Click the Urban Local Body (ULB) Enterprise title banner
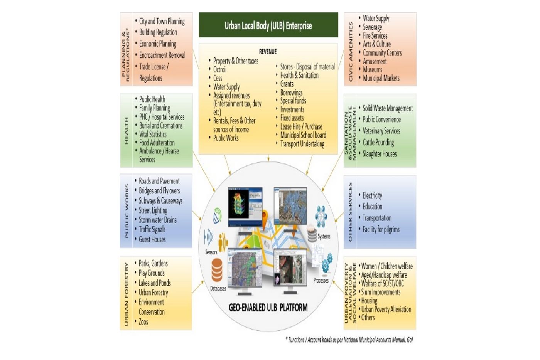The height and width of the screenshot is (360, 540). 268,25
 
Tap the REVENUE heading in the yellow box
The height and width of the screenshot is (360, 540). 268,52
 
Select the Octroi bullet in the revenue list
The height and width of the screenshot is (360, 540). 219,70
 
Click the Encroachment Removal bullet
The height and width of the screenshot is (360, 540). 162,56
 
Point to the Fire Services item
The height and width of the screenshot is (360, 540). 375,35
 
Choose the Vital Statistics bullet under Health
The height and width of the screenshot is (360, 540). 153,134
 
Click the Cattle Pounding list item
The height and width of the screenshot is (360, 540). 378,142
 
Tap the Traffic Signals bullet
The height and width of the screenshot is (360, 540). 152,229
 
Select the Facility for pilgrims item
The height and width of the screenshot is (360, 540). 381,229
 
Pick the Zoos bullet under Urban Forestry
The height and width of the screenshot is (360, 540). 143,322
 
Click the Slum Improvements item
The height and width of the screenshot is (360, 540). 380,292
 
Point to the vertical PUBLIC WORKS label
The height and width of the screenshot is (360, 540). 127,210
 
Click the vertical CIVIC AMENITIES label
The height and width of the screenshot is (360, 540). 351,51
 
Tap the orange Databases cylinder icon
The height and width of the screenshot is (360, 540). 217,270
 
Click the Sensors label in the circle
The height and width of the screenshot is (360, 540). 211,252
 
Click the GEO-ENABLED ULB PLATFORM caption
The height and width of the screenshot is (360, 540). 268,308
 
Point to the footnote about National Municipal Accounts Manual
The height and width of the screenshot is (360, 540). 349,340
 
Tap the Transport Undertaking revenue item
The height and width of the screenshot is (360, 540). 302,144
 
